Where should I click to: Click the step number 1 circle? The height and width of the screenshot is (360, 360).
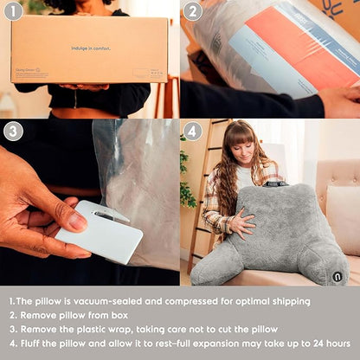click(13, 11)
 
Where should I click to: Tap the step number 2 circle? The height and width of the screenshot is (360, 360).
click(192, 11)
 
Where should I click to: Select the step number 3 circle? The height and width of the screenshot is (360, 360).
click(13, 132)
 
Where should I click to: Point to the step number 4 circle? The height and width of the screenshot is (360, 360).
click(192, 132)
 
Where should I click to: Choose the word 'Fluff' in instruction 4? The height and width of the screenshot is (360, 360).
click(35, 344)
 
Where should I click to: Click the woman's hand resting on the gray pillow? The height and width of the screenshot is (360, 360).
click(241, 224)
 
